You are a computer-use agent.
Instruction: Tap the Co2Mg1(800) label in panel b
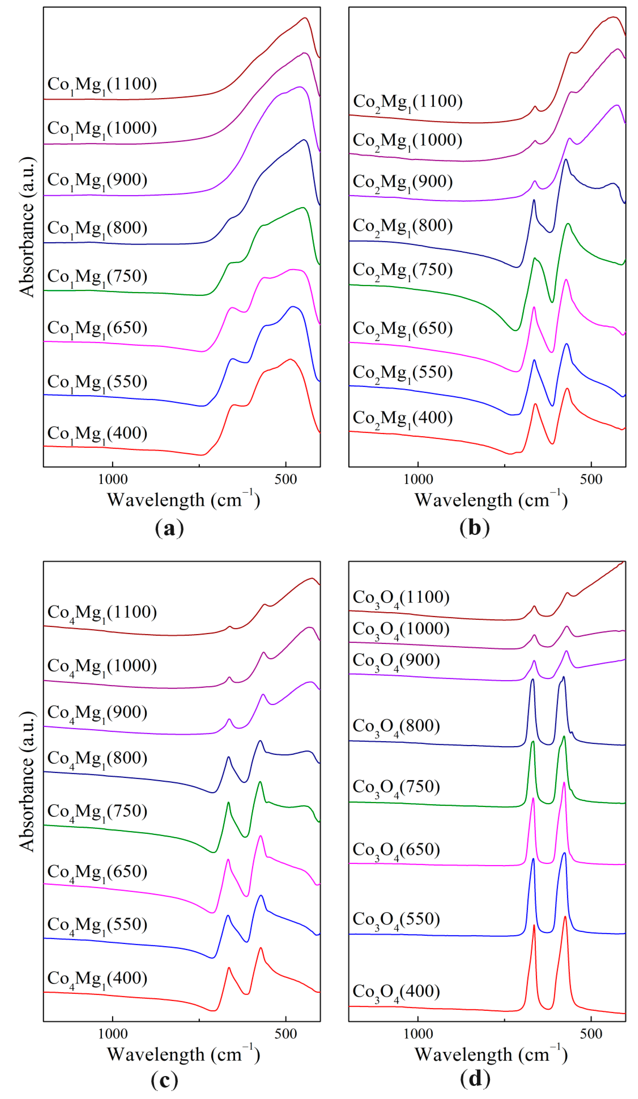pyautogui.click(x=403, y=226)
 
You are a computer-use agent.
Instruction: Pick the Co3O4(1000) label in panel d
pyautogui.click(x=401, y=630)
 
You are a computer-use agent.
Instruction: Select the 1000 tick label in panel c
pyautogui.click(x=112, y=1034)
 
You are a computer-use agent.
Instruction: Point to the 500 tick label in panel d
pyautogui.click(x=591, y=1034)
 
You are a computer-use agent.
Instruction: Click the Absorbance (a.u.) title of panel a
pyautogui.click(x=27, y=227)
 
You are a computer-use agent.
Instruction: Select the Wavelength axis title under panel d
pyautogui.click(x=491, y=1054)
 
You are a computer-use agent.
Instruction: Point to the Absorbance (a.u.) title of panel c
pyautogui.click(x=27, y=781)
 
